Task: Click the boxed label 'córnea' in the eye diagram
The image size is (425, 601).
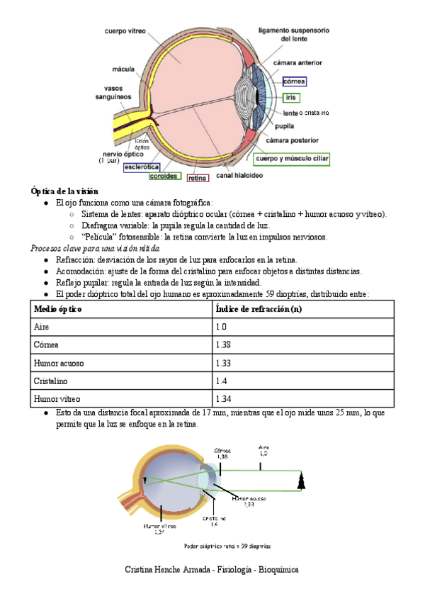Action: [294, 82]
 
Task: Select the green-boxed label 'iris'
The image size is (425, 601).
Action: [290, 97]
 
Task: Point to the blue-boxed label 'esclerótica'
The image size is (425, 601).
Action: [142, 167]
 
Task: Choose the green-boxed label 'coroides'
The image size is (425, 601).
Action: [164, 176]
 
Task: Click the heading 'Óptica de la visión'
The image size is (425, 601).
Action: [64, 191]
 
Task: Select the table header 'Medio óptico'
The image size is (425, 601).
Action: [57, 310]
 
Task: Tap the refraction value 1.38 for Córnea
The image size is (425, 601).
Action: [223, 345]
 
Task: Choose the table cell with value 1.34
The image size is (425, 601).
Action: [223, 398]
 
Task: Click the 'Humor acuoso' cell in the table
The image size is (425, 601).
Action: [58, 363]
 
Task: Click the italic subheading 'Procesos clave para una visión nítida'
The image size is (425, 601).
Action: [96, 249]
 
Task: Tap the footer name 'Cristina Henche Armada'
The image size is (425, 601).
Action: [168, 569]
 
